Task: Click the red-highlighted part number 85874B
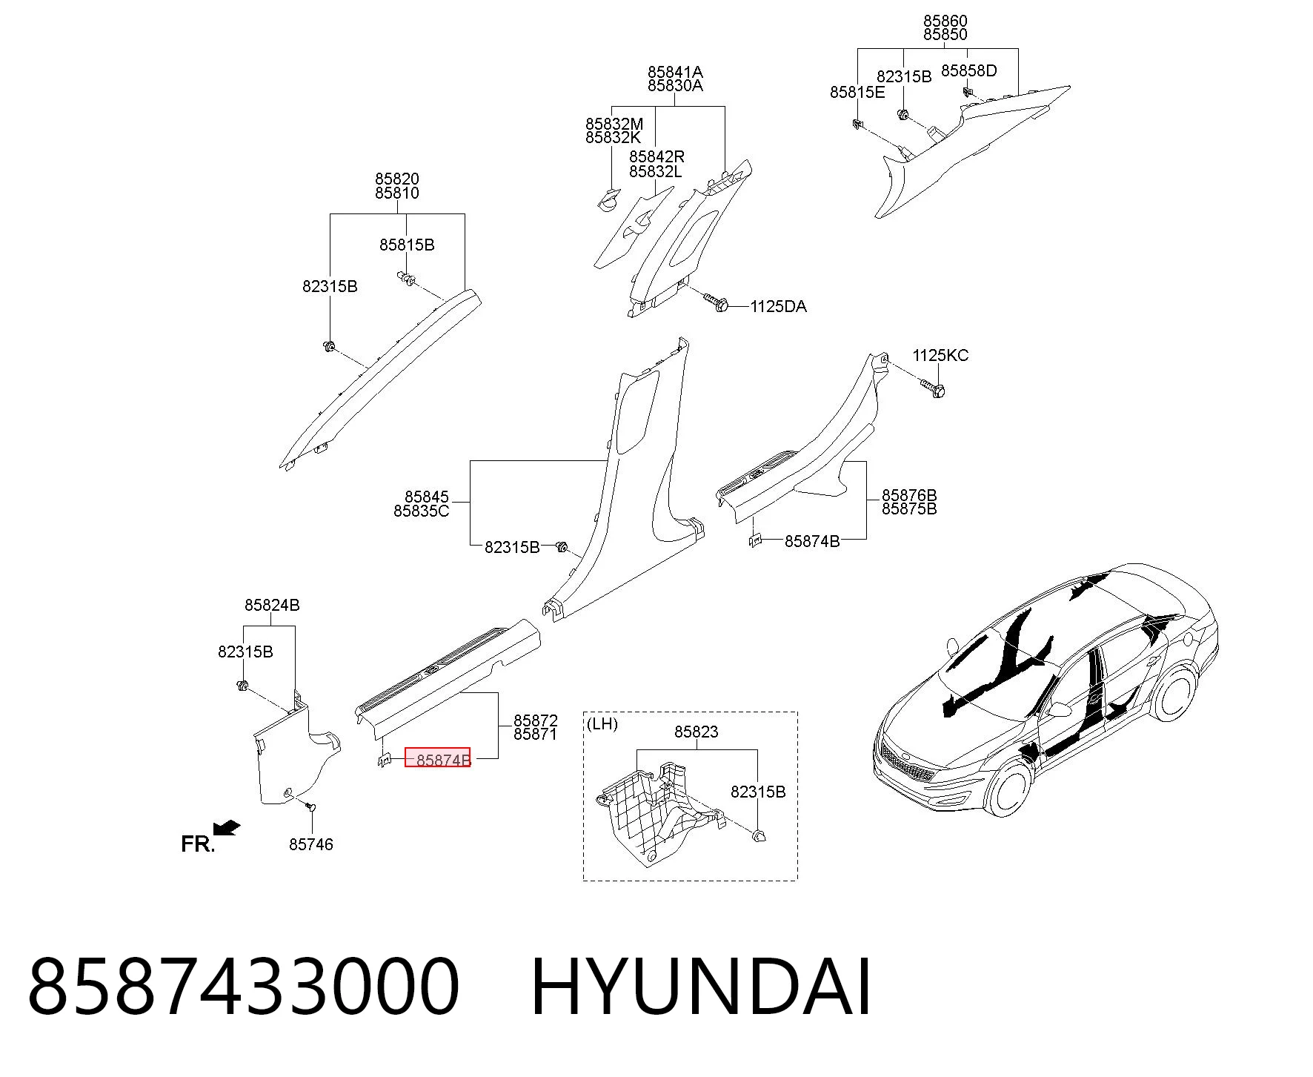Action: click(437, 758)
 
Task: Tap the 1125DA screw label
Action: click(778, 307)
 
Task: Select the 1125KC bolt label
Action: click(940, 356)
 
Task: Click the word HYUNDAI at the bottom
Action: click(701, 987)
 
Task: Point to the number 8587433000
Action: click(244, 987)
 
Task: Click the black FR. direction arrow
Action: click(226, 828)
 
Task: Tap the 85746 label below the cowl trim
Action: click(311, 844)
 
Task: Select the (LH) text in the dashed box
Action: click(602, 724)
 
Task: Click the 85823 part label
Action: click(697, 732)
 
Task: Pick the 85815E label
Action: click(857, 93)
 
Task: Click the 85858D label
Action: click(969, 71)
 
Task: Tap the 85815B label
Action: click(407, 245)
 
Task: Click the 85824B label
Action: click(272, 606)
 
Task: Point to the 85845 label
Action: click(427, 497)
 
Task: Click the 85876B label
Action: click(909, 495)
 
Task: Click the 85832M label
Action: click(614, 124)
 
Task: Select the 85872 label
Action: click(536, 720)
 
